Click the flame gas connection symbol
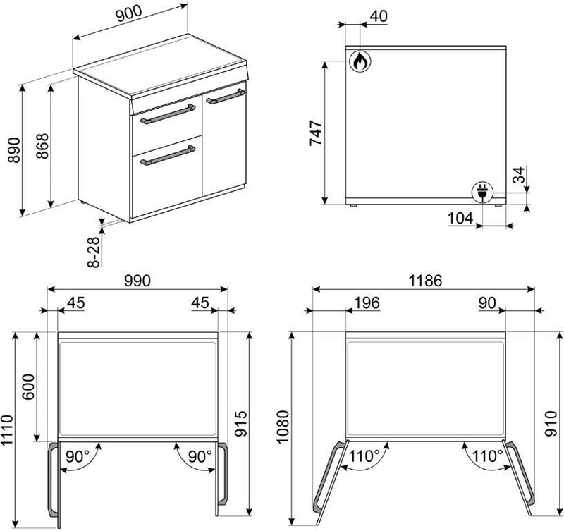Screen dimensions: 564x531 360,61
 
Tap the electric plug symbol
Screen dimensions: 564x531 482,192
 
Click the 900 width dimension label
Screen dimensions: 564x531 129,14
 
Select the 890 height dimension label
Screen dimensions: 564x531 14,149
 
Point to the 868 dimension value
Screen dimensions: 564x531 42,146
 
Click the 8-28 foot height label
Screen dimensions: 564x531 94,252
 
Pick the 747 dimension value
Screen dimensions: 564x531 316,133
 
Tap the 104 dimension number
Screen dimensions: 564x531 460,218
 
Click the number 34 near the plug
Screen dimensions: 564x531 519,175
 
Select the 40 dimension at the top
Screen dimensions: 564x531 379,16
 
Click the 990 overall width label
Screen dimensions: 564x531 137,281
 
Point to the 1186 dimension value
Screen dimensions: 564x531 425,281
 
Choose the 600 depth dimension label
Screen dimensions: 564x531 28,386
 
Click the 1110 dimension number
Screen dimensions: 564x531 7,431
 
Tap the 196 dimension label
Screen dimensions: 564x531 367,303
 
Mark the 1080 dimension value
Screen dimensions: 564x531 283,427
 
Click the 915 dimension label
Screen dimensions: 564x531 241,423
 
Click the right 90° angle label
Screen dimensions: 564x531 200,456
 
